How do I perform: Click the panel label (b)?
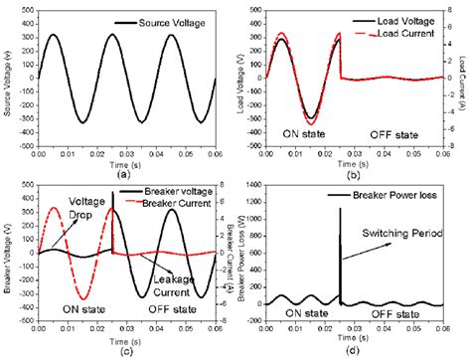[353, 175]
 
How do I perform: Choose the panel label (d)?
[353, 349]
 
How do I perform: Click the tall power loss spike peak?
[340, 208]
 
